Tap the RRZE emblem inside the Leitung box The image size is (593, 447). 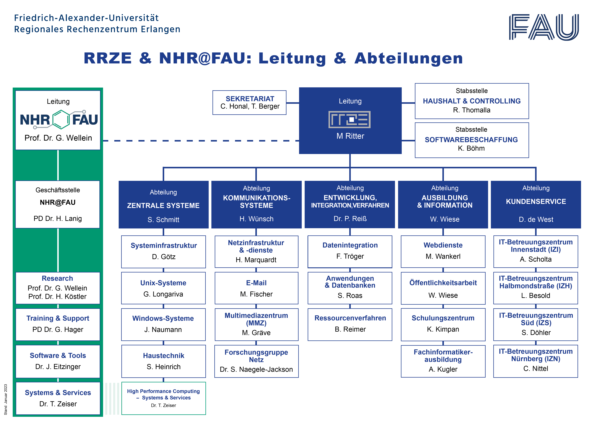(x=350, y=119)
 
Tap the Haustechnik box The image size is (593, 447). (x=164, y=361)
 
